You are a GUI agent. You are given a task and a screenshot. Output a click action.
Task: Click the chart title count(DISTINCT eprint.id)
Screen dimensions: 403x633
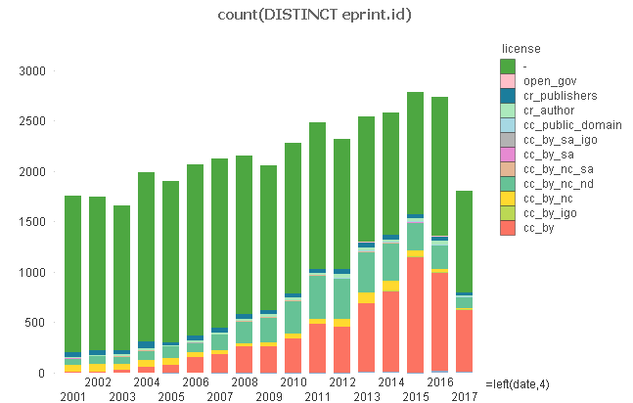click(316, 14)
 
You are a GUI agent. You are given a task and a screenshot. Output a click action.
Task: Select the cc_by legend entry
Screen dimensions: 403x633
click(538, 227)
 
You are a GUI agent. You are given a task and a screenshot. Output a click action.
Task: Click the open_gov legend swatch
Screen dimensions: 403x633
click(508, 80)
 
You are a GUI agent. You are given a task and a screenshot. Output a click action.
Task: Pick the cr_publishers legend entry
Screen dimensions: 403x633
click(561, 96)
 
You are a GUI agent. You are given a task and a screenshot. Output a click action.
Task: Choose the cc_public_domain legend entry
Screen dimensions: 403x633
click(567, 125)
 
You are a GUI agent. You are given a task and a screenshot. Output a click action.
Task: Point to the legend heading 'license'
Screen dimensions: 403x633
click(520, 48)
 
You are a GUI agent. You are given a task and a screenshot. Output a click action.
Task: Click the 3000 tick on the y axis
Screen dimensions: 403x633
click(32, 71)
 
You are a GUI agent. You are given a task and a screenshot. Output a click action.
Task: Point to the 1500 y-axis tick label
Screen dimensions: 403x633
click(32, 222)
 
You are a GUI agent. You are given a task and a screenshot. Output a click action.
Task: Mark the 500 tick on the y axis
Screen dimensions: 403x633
click(36, 323)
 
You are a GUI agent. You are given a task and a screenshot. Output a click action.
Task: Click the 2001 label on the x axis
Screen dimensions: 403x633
click(72, 396)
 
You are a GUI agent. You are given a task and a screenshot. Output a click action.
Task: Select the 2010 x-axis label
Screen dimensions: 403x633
click(293, 382)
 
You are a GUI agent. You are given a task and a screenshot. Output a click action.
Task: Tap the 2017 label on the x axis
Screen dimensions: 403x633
click(464, 396)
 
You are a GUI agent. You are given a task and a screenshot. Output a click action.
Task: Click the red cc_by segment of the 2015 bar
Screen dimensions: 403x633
click(415, 314)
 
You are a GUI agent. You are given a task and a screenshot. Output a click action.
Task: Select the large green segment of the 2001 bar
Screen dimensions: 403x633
click(72, 274)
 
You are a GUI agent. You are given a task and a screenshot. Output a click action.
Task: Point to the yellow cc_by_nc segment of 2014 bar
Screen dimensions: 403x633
click(390, 286)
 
